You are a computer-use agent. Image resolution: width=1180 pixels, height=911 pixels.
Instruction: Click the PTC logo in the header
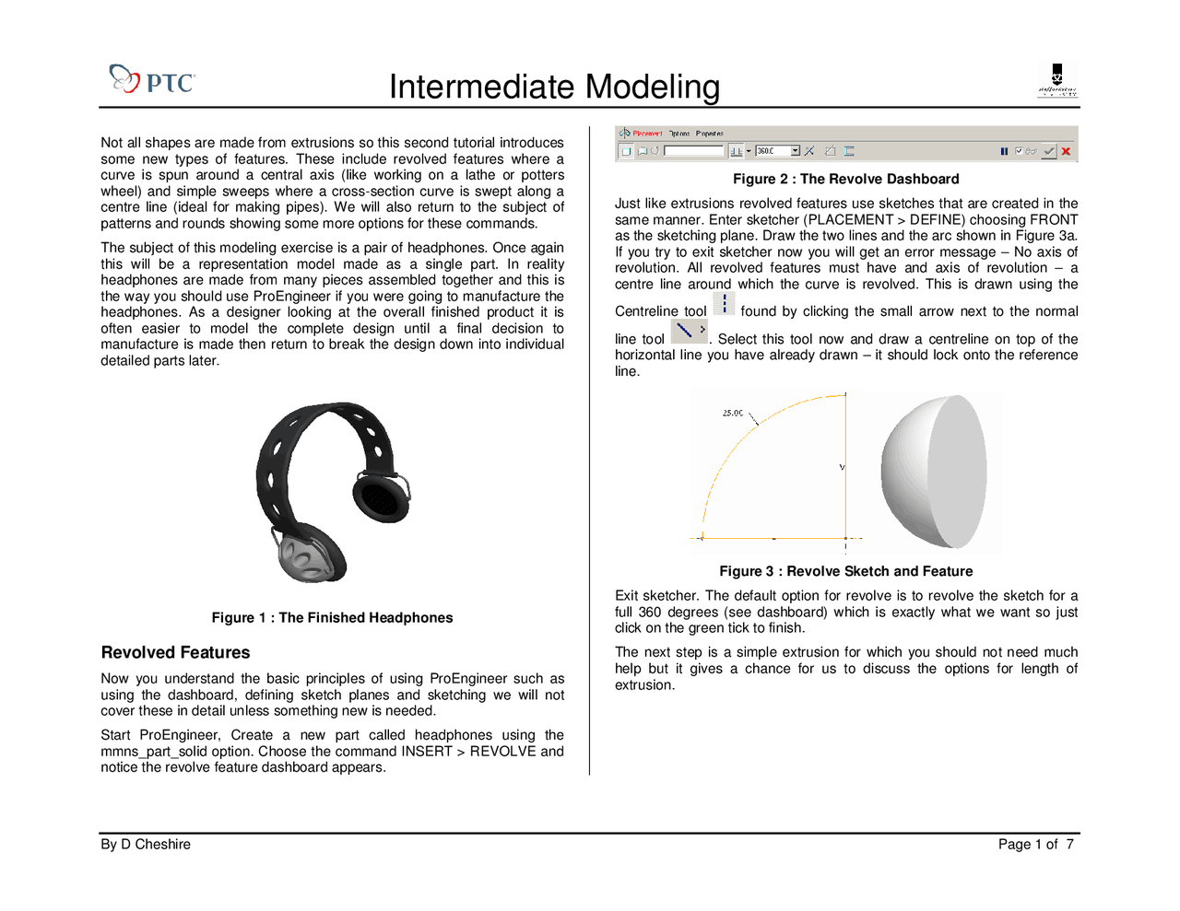coord(152,79)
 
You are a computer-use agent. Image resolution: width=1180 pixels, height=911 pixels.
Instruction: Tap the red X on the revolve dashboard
coord(1066,151)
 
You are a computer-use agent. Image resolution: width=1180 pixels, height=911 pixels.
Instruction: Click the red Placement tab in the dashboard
coord(647,134)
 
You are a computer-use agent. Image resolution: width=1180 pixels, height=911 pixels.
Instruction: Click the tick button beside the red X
coord(1048,151)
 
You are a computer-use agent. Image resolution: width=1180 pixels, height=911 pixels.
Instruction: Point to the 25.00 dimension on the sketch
coord(733,414)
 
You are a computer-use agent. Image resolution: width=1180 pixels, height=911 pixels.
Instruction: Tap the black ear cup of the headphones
coord(379,498)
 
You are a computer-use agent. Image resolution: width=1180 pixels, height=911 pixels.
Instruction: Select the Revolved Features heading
coord(175,652)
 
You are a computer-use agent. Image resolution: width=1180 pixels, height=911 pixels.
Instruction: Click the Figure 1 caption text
coord(332,618)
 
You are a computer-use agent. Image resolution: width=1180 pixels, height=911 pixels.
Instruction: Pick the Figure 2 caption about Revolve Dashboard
coord(845,180)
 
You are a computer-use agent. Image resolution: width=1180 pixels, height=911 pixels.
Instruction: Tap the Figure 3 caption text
coord(845,572)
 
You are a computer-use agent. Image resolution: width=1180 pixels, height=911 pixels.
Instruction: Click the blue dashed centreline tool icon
coord(725,304)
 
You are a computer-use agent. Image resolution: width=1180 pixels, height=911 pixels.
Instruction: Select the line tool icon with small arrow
coord(688,332)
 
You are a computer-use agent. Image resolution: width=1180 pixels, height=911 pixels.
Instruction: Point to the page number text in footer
coord(1035,845)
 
